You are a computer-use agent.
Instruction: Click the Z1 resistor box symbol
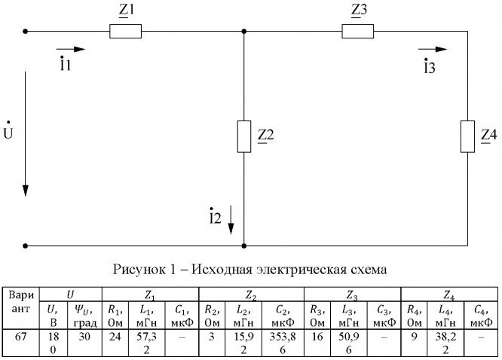pos(126,32)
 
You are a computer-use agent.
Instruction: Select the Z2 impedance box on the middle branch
pos(244,136)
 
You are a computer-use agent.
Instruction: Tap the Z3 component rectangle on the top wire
pos(358,32)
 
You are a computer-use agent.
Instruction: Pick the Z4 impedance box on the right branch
pos(468,136)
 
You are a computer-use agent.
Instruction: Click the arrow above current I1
pos(76,50)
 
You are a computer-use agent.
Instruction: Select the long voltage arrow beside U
pos(26,133)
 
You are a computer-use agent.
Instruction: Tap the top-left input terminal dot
pos(26,32)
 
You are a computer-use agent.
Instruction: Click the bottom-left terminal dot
pos(26,246)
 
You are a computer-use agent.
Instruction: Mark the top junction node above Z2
pos(244,32)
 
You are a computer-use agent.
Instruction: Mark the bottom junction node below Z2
pos(244,246)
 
